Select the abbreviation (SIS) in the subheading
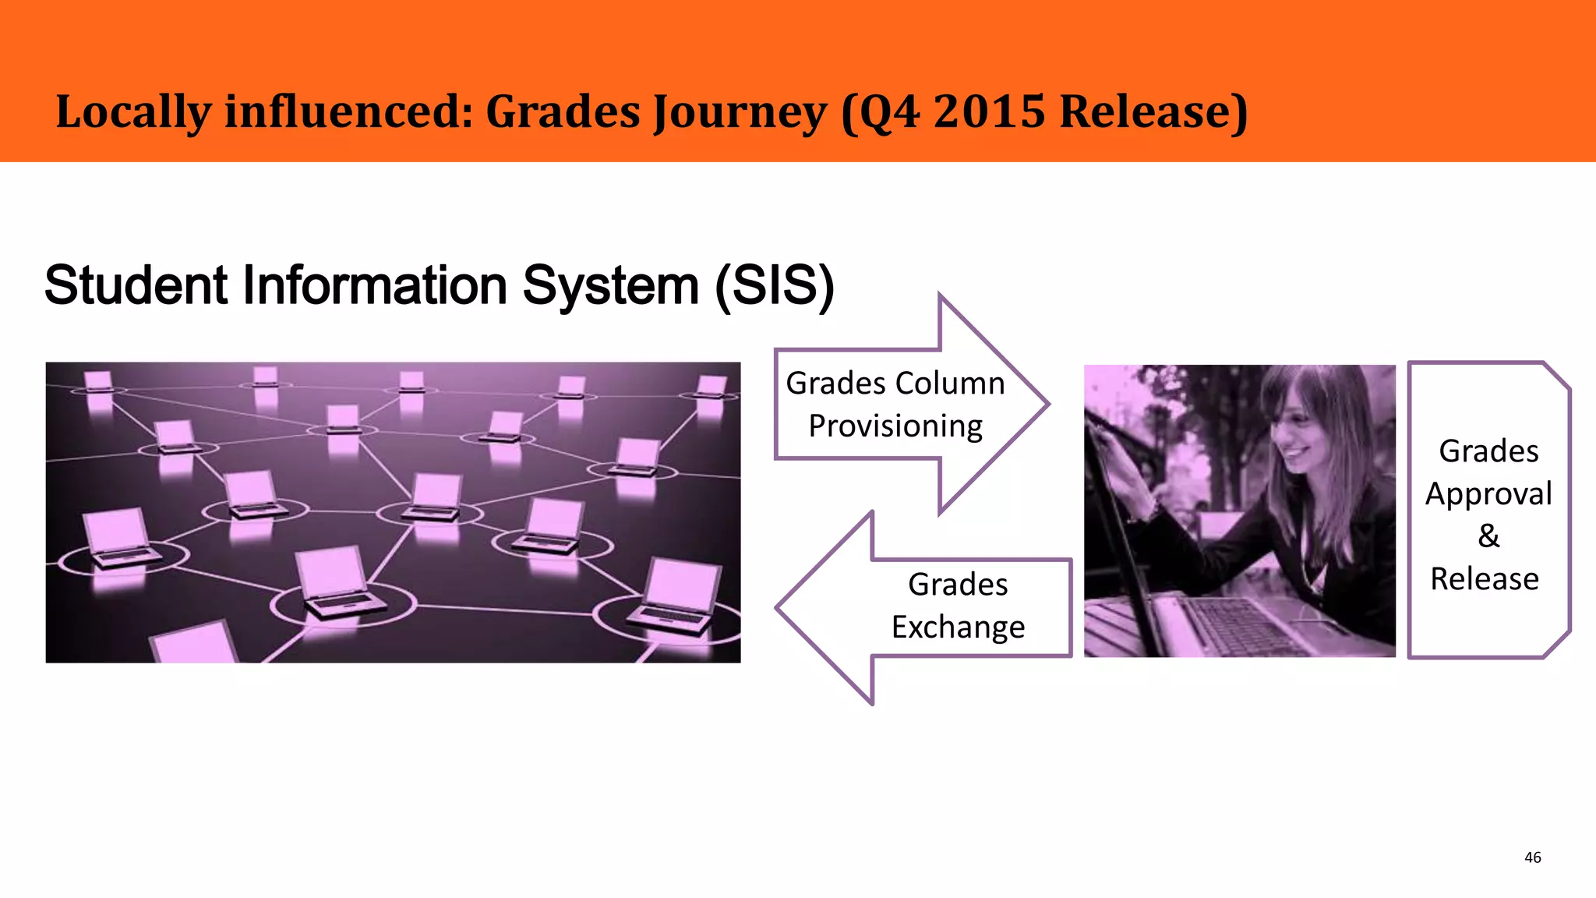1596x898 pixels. click(775, 285)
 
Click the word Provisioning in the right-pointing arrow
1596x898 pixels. click(895, 426)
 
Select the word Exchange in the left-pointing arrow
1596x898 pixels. click(958, 628)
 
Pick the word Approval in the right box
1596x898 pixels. click(1488, 494)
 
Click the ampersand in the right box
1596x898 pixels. click(1488, 536)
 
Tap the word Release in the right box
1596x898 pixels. click(1485, 579)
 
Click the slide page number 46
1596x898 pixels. click(1532, 857)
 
